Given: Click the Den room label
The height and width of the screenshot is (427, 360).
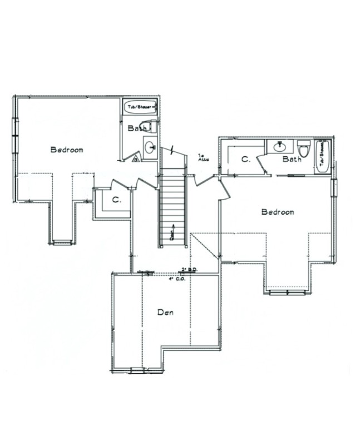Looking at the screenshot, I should (x=165, y=313).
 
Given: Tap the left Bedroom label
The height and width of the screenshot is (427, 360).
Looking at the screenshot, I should (x=67, y=150).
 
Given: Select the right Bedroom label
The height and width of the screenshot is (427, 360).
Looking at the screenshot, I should (x=277, y=212).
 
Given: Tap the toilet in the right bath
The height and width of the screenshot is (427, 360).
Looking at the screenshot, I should (x=303, y=150).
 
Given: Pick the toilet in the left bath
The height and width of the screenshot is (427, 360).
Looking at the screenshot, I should (x=146, y=126).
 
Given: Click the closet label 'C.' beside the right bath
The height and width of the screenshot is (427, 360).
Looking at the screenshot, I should (x=245, y=160).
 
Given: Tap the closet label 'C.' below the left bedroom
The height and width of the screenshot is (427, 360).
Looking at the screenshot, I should (x=116, y=200).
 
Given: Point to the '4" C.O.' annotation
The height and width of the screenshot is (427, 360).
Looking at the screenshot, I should (x=177, y=279).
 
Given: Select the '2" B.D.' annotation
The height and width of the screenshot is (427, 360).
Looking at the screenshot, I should (x=189, y=270).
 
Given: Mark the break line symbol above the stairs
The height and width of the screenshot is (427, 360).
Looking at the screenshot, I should (x=173, y=150).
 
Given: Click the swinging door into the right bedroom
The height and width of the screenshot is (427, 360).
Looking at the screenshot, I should (x=224, y=188).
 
